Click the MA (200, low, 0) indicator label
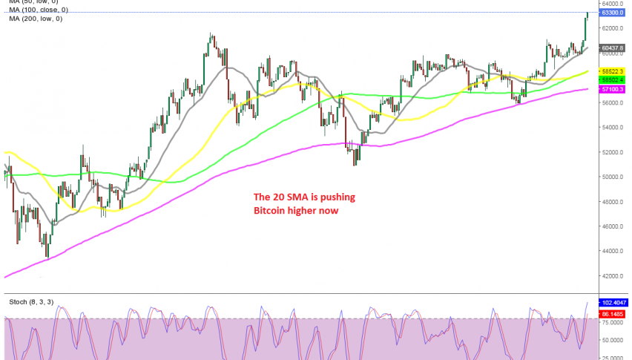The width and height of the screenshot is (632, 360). click(x=35, y=19)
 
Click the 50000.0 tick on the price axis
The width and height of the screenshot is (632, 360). click(x=613, y=177)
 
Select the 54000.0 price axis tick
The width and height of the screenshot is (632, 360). click(x=613, y=127)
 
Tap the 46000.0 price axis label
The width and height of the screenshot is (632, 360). click(x=613, y=226)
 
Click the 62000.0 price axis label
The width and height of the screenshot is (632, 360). click(x=613, y=28)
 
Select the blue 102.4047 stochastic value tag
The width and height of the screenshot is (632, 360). click(x=613, y=303)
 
